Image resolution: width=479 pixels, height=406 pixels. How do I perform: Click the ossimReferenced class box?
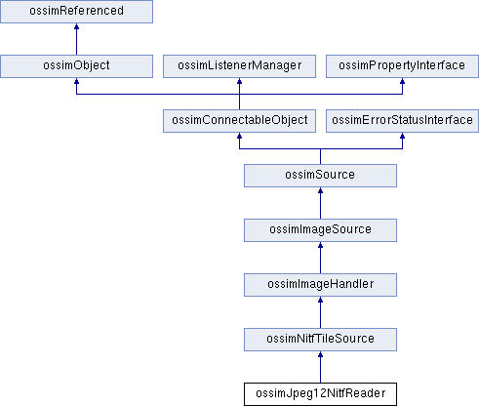(x=76, y=12)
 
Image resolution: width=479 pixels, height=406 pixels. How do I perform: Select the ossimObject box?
(x=76, y=66)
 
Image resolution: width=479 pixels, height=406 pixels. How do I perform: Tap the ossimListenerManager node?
(x=239, y=66)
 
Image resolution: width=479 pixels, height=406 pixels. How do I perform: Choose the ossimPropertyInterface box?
(x=402, y=66)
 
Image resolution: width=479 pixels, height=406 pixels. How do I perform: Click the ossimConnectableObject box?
(x=239, y=121)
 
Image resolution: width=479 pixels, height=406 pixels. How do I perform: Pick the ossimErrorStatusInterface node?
(x=402, y=121)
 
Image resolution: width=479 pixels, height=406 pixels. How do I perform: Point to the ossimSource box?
(x=320, y=176)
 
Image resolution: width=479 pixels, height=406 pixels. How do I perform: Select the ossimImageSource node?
(x=320, y=230)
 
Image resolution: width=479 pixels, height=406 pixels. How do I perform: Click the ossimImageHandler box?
(x=320, y=285)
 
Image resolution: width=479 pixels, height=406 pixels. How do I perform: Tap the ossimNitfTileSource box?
(x=320, y=340)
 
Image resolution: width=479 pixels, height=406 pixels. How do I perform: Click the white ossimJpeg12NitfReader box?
(x=320, y=394)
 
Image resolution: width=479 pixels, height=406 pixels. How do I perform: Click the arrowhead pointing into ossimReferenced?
(x=76, y=26)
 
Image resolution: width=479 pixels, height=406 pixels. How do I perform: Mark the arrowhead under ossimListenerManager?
(x=239, y=81)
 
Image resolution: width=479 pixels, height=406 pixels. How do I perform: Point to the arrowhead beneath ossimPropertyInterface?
(x=402, y=81)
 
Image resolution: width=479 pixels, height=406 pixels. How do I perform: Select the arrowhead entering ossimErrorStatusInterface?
(x=402, y=136)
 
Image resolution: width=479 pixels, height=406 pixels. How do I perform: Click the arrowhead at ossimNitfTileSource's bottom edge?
(x=320, y=354)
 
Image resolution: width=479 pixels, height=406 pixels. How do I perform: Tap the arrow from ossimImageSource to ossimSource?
(x=320, y=203)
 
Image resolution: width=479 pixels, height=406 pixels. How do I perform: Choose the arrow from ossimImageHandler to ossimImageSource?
(x=320, y=258)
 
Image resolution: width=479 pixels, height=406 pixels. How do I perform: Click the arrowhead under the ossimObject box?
(x=76, y=81)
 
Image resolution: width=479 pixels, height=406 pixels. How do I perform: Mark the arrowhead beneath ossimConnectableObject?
(x=239, y=136)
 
